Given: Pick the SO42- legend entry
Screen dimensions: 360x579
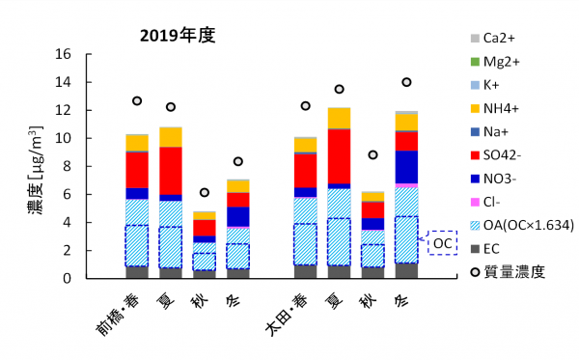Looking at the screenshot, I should [x=503, y=154].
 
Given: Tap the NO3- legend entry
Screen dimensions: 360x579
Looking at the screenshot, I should [x=499, y=179].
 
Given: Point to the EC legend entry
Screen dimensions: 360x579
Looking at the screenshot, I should [x=492, y=249].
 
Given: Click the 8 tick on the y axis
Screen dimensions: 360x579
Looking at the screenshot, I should [x=69, y=166].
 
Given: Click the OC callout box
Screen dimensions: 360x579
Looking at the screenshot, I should [x=442, y=243].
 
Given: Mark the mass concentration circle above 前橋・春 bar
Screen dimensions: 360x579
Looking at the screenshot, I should [x=137, y=100].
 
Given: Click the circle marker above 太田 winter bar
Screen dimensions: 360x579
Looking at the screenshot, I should [x=406, y=82].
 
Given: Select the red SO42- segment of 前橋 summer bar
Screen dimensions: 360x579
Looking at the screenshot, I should [x=171, y=170].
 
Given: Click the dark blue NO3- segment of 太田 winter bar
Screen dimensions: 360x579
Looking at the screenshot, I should [x=406, y=166].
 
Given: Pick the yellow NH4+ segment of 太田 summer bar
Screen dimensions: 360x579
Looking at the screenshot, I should [x=339, y=118].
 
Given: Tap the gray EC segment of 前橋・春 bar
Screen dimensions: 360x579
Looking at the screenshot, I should [x=137, y=271].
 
